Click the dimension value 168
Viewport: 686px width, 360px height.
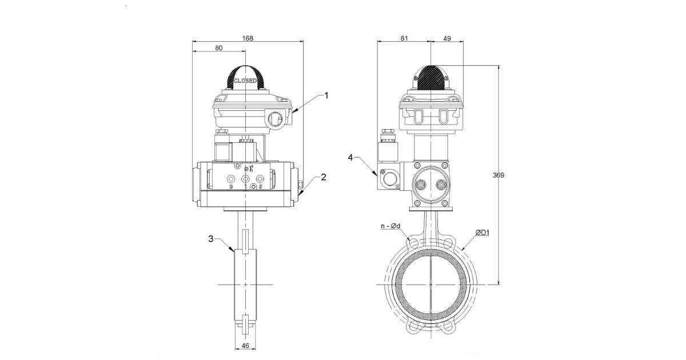pos(248,38)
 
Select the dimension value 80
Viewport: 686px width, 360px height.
pos(219,49)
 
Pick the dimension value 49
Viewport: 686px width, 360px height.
pos(446,38)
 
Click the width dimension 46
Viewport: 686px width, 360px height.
pos(245,346)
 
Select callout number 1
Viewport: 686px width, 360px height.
pos(326,95)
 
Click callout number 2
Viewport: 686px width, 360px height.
pos(323,177)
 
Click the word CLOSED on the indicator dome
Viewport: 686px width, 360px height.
pos(245,81)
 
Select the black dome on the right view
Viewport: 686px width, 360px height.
pos(430,76)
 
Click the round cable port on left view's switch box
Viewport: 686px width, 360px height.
pos(274,119)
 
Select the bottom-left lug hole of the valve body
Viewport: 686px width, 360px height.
pos(412,327)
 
